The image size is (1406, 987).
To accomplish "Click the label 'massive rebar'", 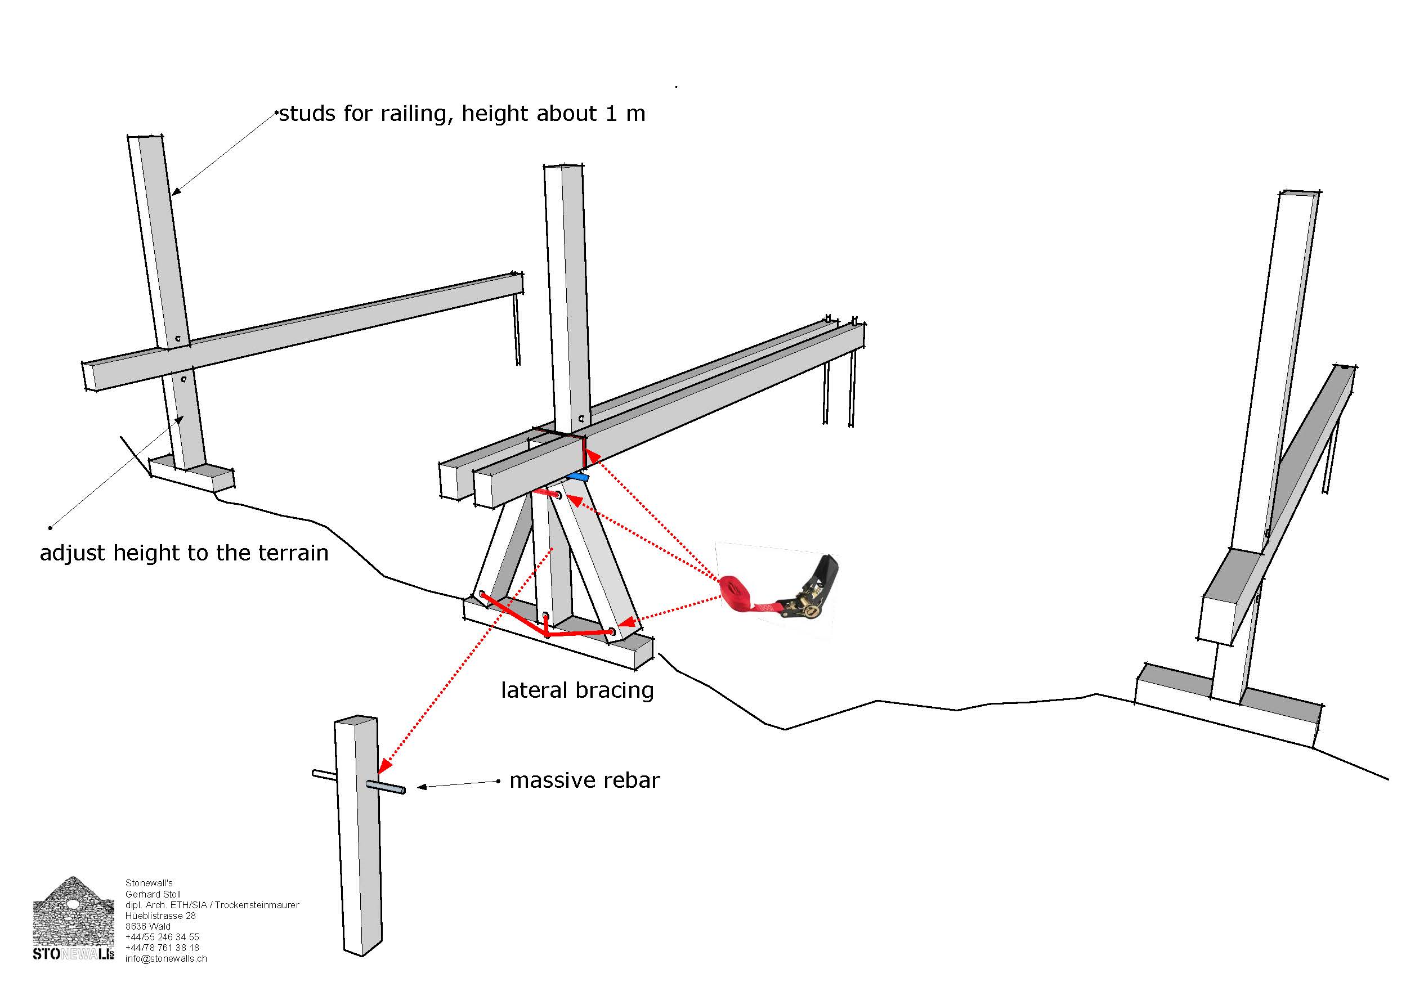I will pos(584,780).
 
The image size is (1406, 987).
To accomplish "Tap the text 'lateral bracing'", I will pos(577,690).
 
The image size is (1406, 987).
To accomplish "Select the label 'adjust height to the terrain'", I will pos(183,553).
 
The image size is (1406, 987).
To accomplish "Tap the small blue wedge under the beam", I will pos(577,477).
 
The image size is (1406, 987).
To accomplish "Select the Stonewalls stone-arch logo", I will pos(74,918).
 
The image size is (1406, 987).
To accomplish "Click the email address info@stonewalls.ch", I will pos(166,959).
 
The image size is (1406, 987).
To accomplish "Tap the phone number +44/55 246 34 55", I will pos(162,937).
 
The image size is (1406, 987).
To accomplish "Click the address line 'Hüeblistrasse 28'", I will pos(160,916).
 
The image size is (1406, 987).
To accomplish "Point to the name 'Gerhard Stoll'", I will pos(153,895).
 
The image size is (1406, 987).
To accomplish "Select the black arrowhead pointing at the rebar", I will pos(422,787).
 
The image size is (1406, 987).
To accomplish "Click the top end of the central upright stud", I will pos(563,167).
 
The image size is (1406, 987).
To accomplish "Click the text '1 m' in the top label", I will pos(625,114).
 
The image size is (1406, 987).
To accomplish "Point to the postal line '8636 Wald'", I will pos(148,926).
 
